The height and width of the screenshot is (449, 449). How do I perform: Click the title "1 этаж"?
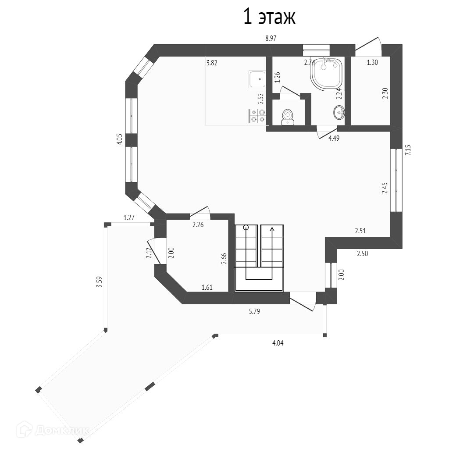pos(269,17)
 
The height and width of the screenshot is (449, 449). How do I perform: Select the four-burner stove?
pos(257,117)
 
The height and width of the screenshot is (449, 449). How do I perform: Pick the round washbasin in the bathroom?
pos(339,112)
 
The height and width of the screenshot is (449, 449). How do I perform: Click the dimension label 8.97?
pos(271,39)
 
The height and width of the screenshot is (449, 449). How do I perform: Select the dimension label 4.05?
pos(120,139)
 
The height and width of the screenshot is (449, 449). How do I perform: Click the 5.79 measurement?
pos(254,311)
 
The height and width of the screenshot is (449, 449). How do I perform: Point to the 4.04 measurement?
pos(278,343)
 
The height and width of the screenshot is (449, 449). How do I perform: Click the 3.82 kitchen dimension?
pos(212,63)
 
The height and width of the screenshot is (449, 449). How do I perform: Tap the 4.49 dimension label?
pos(334,138)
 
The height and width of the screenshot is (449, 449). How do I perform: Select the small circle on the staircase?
pos(246,228)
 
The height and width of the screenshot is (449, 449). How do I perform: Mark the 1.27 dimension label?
pos(129,218)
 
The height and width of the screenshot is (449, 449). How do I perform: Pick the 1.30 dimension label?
pos(372,63)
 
